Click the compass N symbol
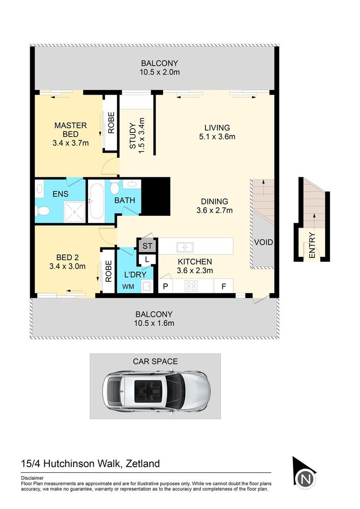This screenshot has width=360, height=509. click(306, 479)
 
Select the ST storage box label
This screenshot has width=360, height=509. click(147, 246)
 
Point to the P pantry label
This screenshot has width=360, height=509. click(165, 286)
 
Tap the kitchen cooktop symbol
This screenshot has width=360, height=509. click(191, 286)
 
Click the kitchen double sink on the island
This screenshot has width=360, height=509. click(184, 246)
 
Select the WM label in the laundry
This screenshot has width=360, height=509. click(128, 286)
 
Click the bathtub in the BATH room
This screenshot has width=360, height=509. click(97, 201)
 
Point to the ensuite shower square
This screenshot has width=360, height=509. click(74, 211)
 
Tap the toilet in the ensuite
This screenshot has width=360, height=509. click(42, 211)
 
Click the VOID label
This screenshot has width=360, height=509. click(263, 243)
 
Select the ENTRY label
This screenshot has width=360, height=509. click(312, 246)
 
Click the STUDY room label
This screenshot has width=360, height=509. click(133, 136)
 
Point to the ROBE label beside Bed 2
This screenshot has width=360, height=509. click(108, 271)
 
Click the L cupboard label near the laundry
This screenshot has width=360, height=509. click(147, 259)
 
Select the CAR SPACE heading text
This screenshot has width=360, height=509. click(155, 361)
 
